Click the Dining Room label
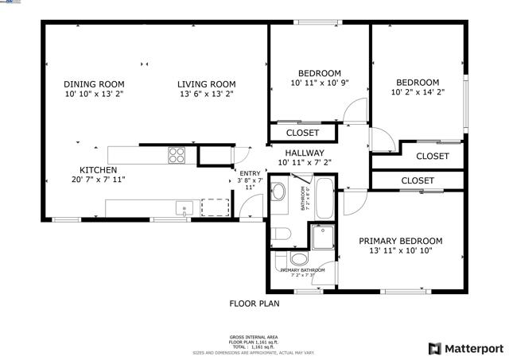tap(94, 83)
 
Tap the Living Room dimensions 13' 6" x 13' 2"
tap(206, 94)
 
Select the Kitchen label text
tap(99, 170)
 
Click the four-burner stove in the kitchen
tap(177, 155)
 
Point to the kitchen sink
tap(185, 208)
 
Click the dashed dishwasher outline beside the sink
tap(215, 207)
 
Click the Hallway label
tap(304, 153)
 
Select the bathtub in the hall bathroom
tap(326, 199)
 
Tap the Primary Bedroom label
tap(400, 241)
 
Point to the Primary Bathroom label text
tap(302, 270)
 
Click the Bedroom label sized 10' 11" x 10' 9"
tap(319, 73)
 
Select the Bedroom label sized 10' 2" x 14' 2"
tap(418, 82)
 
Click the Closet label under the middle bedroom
tap(302, 133)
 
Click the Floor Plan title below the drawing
tap(254, 303)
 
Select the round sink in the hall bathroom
tap(279, 192)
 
